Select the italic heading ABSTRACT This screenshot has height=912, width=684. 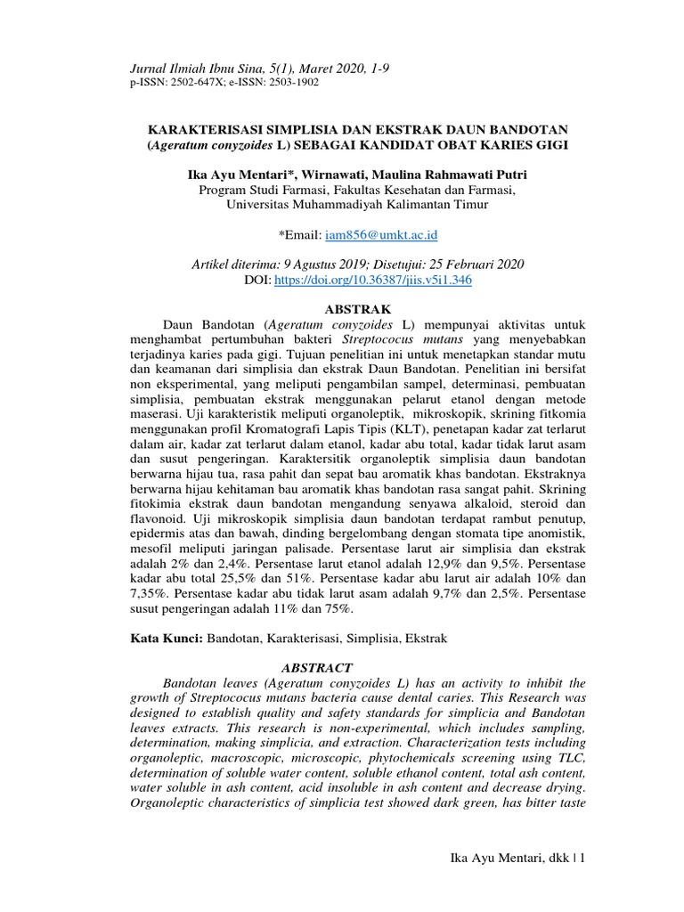(318, 667)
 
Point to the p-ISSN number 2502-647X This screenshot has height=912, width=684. (191, 82)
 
